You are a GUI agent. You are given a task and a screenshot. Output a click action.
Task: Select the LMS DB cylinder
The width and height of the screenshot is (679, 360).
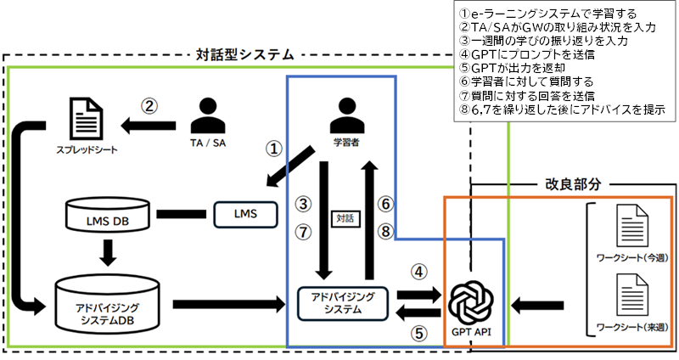(x=108, y=214)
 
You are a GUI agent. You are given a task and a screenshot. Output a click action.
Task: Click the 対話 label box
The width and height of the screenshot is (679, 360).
(x=343, y=218)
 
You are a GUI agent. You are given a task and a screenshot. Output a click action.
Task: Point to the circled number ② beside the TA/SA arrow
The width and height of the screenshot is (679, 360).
(x=149, y=107)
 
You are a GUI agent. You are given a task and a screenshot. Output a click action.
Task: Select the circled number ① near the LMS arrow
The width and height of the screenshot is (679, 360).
(x=273, y=150)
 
